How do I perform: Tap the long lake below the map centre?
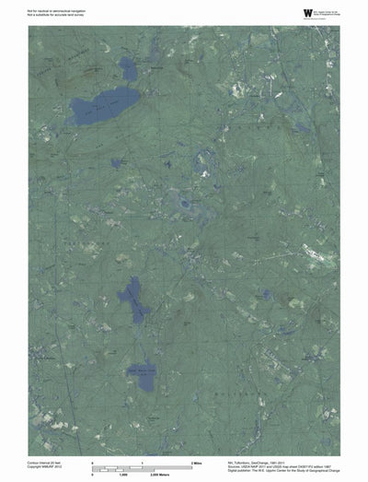click(132, 299)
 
